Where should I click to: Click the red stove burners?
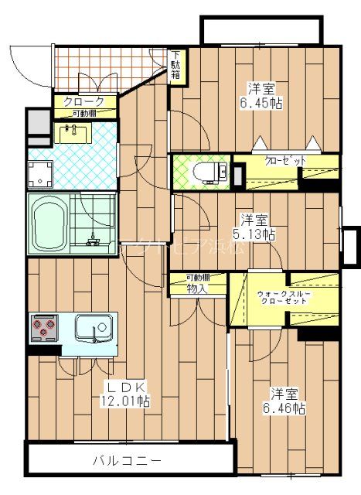[x=43, y=329]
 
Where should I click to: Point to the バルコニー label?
[x=128, y=460]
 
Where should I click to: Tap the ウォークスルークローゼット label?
[x=285, y=296]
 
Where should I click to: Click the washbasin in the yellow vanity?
[x=75, y=134]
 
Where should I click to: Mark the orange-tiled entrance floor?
[x=108, y=68]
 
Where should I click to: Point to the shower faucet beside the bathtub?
[x=93, y=239]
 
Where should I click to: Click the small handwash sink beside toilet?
[x=223, y=170]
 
